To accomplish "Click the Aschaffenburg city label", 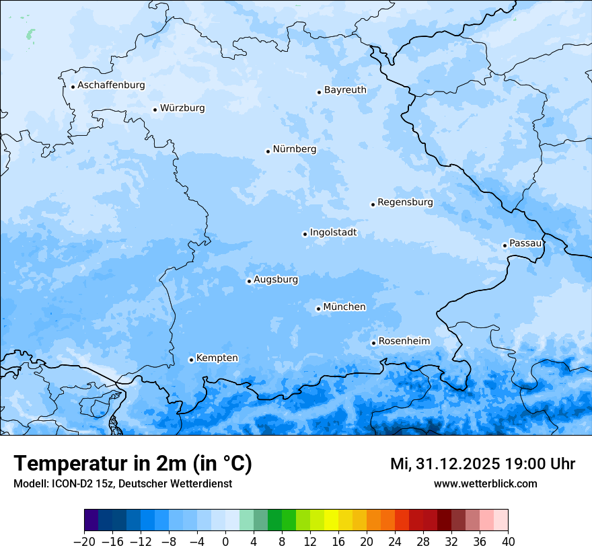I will pos(111,85).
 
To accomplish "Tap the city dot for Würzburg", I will pos(155,110).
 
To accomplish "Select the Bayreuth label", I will pos(345,89).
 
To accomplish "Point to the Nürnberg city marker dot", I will pos(268,151).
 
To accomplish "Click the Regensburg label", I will pos(405,202).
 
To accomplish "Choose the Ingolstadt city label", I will pos(333,233).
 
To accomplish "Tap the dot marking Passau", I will pos(505,245).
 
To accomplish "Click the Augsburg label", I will pos(276,279).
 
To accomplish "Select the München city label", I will pos(344,307).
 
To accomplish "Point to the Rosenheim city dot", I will pos(373,344).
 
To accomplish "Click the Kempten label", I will pos(217,358).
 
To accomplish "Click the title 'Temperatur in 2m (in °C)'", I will pos(133,463).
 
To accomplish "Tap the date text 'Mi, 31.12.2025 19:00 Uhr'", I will pos(482,464).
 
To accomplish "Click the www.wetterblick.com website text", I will pos(485,483).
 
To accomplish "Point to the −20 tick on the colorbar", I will pos(84,542).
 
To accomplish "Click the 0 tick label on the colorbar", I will pos(225,542).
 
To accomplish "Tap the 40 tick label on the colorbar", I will pos(508,542).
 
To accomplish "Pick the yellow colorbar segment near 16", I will pos(331,520).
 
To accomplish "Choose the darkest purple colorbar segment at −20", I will pos(91,520).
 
